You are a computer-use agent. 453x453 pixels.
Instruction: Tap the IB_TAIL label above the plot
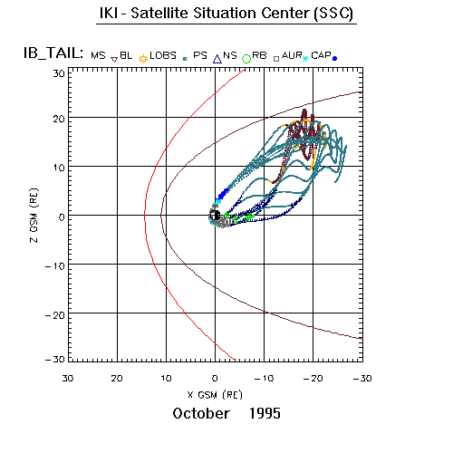(x=53, y=53)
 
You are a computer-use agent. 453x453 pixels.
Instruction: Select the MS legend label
(x=98, y=55)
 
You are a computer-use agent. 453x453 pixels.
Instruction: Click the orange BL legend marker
(x=143, y=59)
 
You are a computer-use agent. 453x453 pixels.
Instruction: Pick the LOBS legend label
(x=163, y=55)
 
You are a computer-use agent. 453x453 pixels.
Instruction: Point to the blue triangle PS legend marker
(x=217, y=59)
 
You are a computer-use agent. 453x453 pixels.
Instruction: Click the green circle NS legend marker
(x=246, y=59)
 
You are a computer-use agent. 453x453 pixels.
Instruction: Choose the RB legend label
(x=259, y=55)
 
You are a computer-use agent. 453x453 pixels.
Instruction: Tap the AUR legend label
(x=292, y=55)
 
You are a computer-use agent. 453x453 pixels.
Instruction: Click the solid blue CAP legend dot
(x=334, y=59)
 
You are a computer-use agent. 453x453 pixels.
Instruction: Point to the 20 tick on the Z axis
(x=59, y=119)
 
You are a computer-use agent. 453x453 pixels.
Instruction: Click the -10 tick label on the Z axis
(x=55, y=266)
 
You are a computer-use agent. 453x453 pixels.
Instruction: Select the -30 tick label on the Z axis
(x=55, y=359)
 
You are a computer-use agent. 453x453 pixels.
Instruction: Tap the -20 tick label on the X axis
(x=313, y=378)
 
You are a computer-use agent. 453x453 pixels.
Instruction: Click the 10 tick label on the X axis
(x=166, y=378)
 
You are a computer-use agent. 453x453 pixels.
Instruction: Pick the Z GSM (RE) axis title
(x=34, y=216)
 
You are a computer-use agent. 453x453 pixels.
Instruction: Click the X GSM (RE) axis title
(x=215, y=395)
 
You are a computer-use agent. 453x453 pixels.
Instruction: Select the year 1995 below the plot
(x=265, y=413)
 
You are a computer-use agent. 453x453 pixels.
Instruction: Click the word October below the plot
(x=201, y=413)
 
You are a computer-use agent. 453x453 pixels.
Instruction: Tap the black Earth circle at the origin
(x=215, y=216)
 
